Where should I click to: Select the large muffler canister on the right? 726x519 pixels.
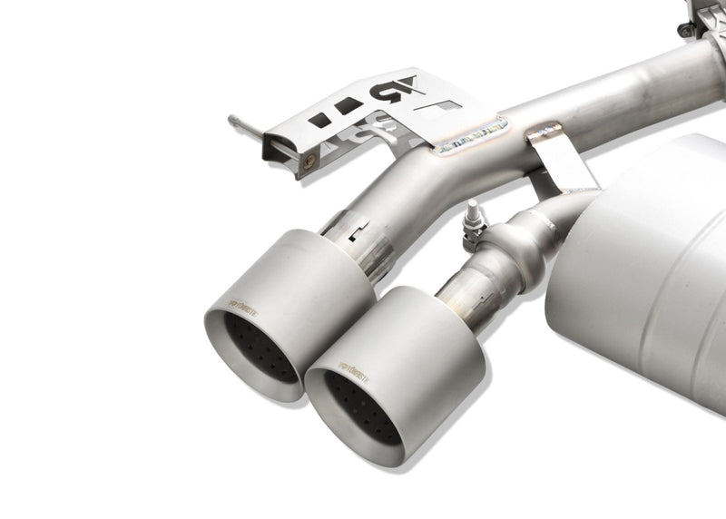click(x=635, y=245)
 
